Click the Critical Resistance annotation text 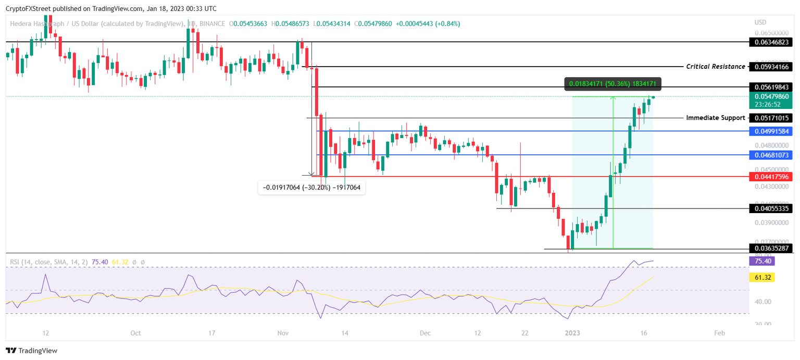tap(715, 67)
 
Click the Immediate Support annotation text tap(715, 118)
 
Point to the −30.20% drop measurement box tap(312, 188)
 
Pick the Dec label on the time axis tap(425, 332)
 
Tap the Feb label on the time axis tap(719, 332)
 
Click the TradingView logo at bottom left tap(32, 351)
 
